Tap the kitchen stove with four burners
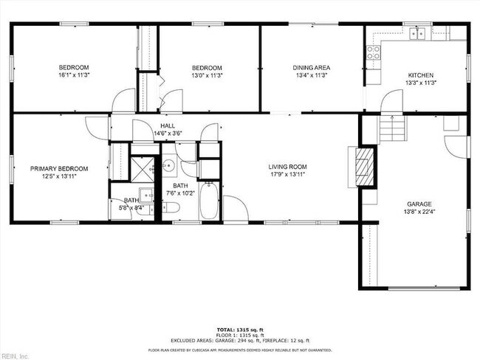pyautogui.click(x=374, y=52)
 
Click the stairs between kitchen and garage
pyautogui.click(x=393, y=131)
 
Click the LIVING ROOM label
pyautogui.click(x=287, y=167)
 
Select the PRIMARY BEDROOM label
pyautogui.click(x=59, y=168)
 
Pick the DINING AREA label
pyautogui.click(x=310, y=67)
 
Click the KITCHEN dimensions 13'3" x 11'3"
pyautogui.click(x=421, y=83)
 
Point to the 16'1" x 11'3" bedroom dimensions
pyautogui.click(x=74, y=75)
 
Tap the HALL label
pyautogui.click(x=167, y=125)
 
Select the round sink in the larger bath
pyautogui.click(x=168, y=165)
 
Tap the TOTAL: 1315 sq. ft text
pyautogui.click(x=240, y=328)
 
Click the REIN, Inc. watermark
pyautogui.click(x=15, y=356)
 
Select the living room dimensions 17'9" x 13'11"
pyautogui.click(x=287, y=175)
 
